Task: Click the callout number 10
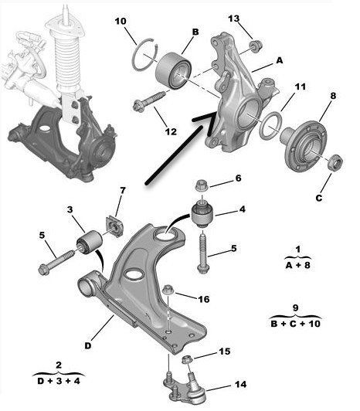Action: [121, 21]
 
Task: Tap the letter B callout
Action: [195, 32]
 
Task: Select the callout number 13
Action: [233, 19]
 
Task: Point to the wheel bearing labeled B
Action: [173, 70]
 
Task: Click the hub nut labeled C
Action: [335, 162]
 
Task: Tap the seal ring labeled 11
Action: [270, 125]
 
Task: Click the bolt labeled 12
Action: [149, 101]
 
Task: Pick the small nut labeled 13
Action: [256, 46]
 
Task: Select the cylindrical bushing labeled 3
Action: [90, 242]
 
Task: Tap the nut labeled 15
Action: [186, 358]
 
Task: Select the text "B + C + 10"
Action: [296, 324]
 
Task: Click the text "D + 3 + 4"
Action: [59, 381]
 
